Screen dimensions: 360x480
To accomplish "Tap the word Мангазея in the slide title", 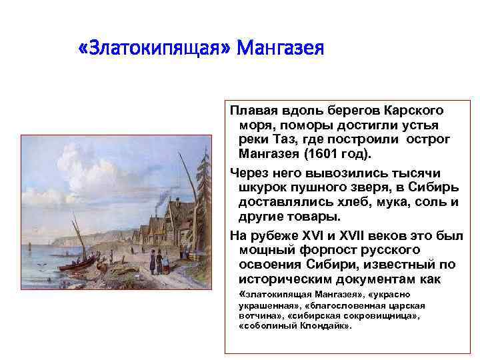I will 280,49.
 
